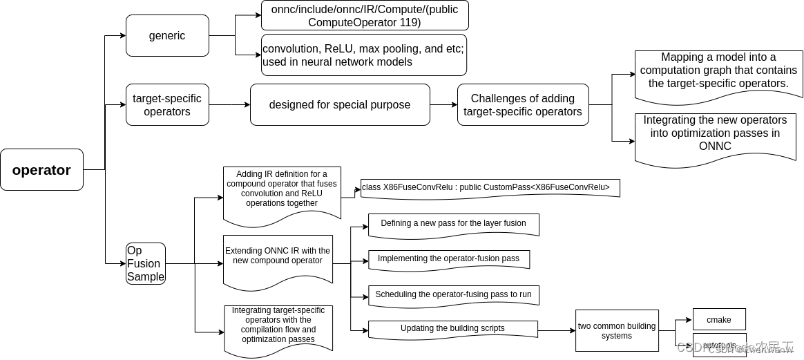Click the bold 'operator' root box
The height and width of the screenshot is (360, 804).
pos(41,170)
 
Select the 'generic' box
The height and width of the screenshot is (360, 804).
pos(167,36)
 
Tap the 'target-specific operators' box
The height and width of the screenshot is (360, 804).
pos(167,105)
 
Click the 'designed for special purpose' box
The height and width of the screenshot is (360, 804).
pos(339,105)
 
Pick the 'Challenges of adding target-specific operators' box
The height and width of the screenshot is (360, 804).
pos(522,105)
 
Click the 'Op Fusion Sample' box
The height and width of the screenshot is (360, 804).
pos(146,263)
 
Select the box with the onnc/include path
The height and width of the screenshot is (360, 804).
pos(364,15)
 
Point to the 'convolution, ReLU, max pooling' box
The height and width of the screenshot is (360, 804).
pos(364,55)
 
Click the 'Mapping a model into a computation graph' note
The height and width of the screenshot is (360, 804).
pos(718,73)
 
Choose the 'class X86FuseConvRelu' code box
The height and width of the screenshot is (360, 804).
pos(490,188)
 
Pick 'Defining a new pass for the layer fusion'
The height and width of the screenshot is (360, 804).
pos(453,224)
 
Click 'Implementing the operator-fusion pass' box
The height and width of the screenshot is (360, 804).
pos(448,259)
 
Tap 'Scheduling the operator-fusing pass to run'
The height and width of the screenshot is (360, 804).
pos(453,294)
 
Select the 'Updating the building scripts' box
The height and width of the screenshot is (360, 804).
pos(452,329)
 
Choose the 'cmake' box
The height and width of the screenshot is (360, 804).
pos(718,320)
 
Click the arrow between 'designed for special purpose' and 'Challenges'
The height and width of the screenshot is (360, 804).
pos(443,105)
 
